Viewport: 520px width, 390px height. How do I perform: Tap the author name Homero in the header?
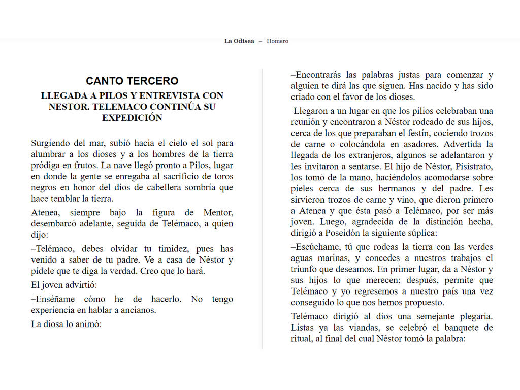tap(277, 41)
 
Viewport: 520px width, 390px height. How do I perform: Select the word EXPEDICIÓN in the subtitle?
tap(132, 118)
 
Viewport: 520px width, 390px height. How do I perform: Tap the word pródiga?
tap(46, 166)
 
